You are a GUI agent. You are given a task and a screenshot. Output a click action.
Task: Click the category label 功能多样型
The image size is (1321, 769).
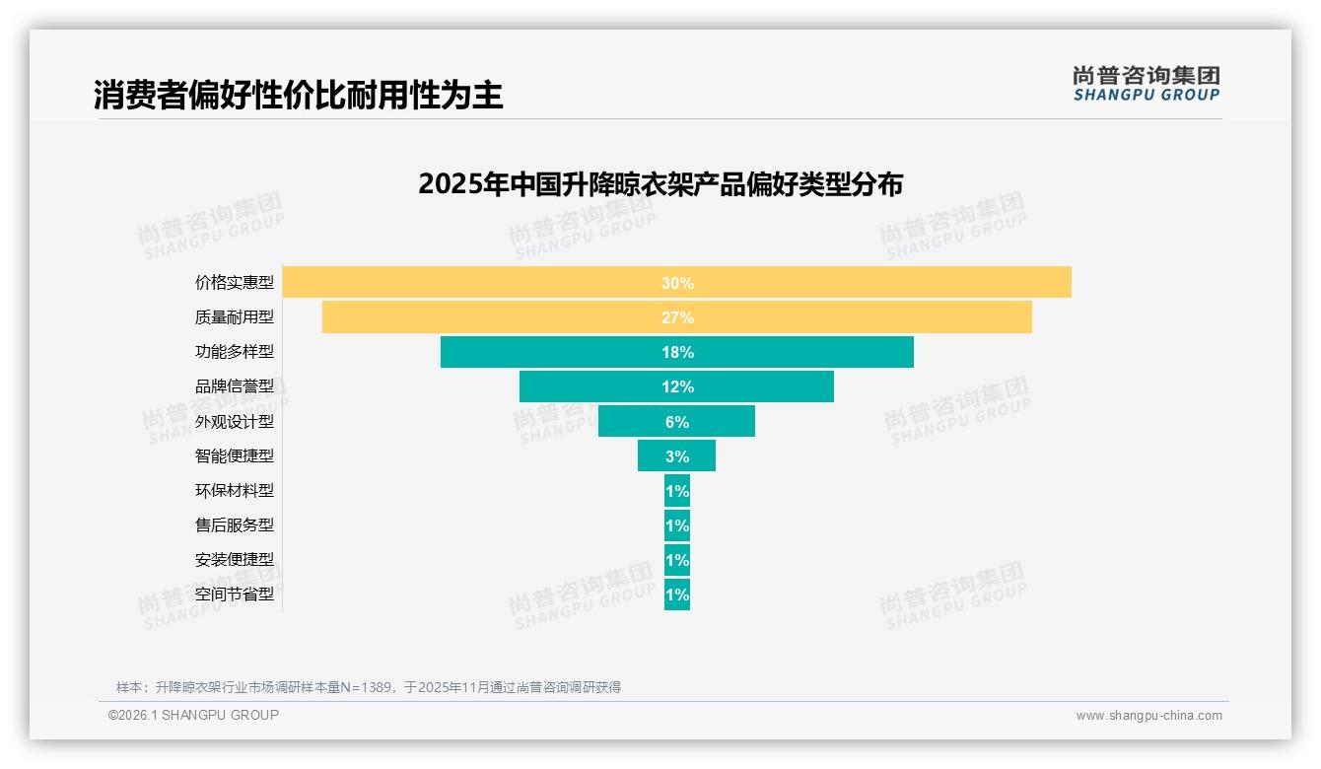(x=235, y=352)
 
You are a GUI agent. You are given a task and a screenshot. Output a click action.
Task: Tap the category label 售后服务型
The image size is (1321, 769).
(x=235, y=525)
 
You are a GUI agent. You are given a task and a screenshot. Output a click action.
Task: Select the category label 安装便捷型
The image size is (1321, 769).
(x=235, y=560)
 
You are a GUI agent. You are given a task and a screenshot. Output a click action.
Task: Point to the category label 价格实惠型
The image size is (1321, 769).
(x=235, y=283)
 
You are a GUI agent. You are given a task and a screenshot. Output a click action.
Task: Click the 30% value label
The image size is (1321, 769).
(x=677, y=283)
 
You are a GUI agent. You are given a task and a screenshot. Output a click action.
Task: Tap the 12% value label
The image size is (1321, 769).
(x=677, y=386)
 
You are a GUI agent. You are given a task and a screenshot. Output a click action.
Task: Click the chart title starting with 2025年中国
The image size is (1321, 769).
(x=660, y=184)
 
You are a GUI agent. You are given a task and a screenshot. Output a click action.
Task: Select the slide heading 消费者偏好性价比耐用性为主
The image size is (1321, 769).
(x=299, y=95)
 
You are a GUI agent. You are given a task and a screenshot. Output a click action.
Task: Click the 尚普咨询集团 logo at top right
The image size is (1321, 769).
(x=1146, y=83)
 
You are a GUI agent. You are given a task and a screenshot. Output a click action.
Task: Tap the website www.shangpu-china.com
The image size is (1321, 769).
(x=1148, y=716)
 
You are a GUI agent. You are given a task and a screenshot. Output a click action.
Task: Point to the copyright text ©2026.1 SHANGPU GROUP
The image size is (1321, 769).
(x=193, y=715)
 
